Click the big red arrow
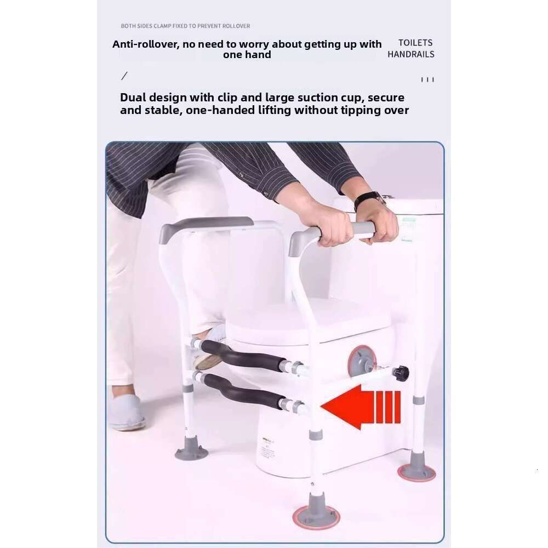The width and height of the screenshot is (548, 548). [x=360, y=407]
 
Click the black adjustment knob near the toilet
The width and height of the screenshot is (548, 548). [x=401, y=374]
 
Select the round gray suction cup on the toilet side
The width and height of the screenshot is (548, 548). [x=362, y=361]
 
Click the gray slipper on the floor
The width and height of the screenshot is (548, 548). [x=126, y=413]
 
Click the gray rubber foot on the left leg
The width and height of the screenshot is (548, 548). [x=191, y=448]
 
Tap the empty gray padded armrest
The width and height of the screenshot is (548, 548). [x=206, y=227]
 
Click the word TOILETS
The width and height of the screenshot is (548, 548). [x=415, y=43]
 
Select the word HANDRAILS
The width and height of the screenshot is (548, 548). [x=411, y=54]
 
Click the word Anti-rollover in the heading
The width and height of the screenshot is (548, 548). [x=145, y=44]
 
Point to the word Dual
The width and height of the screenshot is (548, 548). [x=133, y=97]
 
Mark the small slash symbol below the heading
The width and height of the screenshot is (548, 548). [x=124, y=76]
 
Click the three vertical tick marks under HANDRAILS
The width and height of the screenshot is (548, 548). [x=427, y=79]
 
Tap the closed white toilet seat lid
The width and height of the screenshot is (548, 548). [x=307, y=320]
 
